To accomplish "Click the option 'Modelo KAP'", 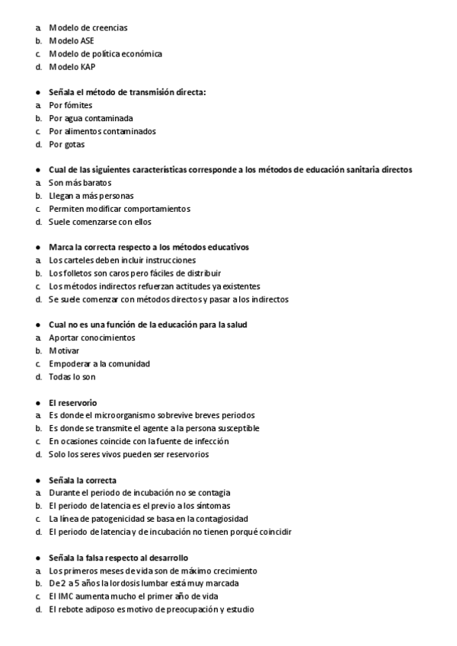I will click(x=72, y=66).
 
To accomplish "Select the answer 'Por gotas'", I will click(x=66, y=144).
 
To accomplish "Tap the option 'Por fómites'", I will click(x=69, y=105).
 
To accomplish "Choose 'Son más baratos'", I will click(x=80, y=183).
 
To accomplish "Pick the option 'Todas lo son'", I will click(x=72, y=376).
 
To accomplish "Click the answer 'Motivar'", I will click(x=64, y=350).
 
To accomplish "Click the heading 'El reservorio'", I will click(x=72, y=402).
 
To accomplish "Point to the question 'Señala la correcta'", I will click(x=82, y=480).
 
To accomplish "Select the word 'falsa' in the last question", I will click(x=99, y=558).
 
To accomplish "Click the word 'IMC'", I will click(x=65, y=596).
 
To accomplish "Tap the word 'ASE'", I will click(x=85, y=40).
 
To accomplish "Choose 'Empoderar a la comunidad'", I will click(x=99, y=363).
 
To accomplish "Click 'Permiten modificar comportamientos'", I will click(x=119, y=209).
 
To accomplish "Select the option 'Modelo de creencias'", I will click(x=88, y=27).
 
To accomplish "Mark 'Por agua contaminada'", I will click(x=91, y=118).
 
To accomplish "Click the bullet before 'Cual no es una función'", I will click(x=37, y=325).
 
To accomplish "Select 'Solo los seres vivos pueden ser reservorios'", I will click(x=128, y=454).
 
